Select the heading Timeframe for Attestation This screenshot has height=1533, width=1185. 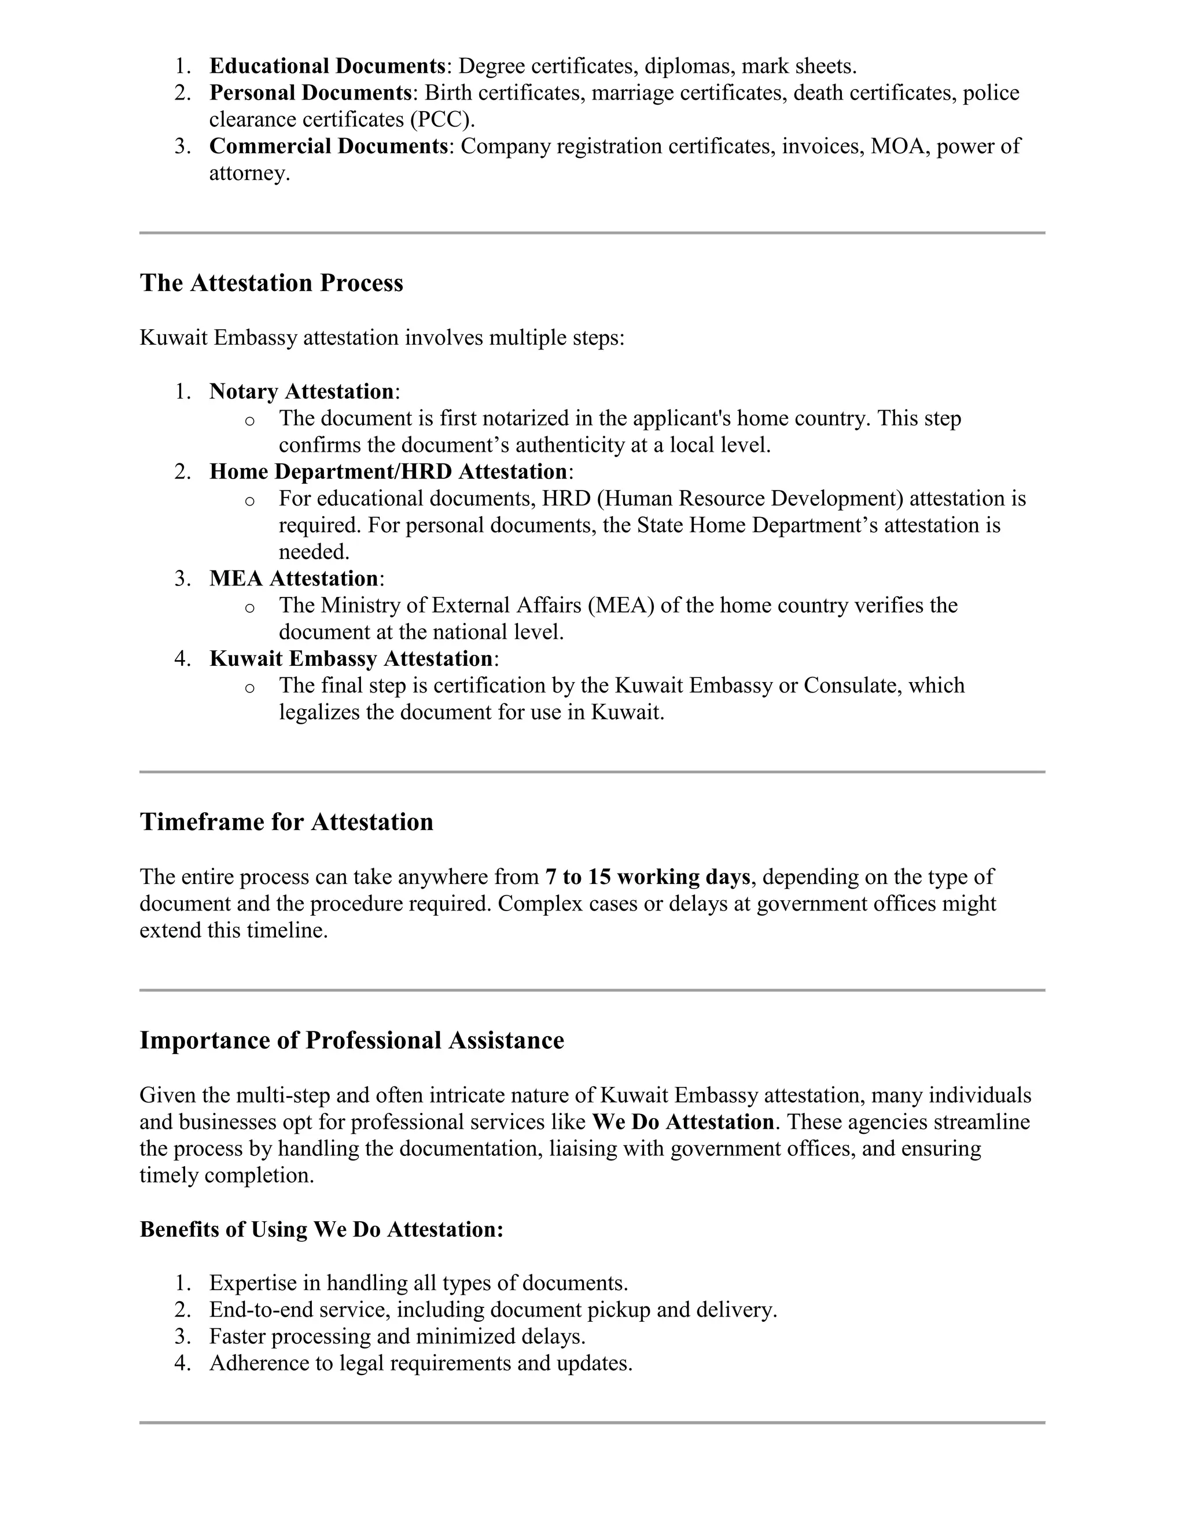(286, 822)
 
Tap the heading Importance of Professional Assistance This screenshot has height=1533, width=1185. (351, 1040)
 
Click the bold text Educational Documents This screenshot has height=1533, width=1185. (327, 66)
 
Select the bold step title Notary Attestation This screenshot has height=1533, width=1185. (301, 391)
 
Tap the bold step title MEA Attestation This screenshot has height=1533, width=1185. (293, 578)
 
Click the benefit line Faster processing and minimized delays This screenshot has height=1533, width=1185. (398, 1336)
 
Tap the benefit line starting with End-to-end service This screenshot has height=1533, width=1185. (493, 1309)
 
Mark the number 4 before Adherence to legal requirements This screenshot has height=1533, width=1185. (181, 1362)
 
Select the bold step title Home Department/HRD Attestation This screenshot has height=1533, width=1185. (388, 471)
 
